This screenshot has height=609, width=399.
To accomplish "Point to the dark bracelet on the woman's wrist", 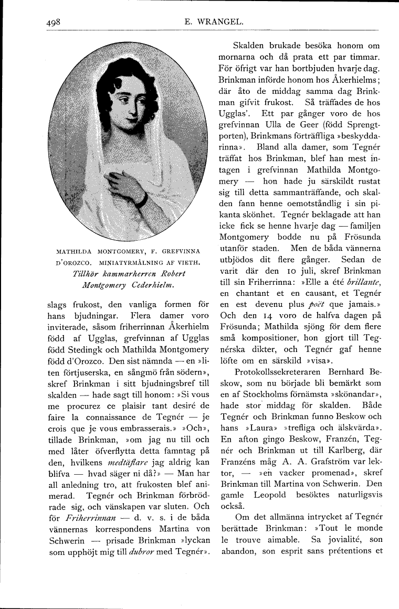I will [x=141, y=198].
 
